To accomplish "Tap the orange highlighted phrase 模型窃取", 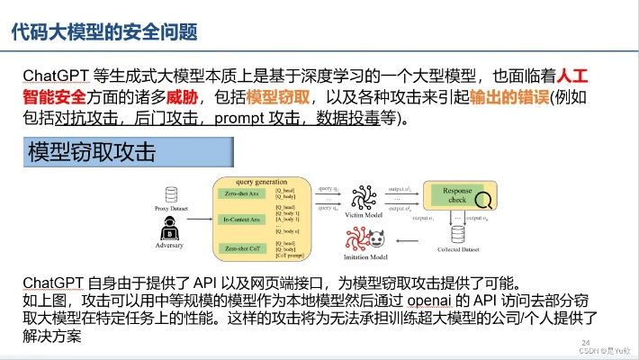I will click(x=279, y=95).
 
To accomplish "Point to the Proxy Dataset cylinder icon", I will click(x=171, y=194).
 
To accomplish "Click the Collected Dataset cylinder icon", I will click(x=457, y=235).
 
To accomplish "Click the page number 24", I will click(x=586, y=342).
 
